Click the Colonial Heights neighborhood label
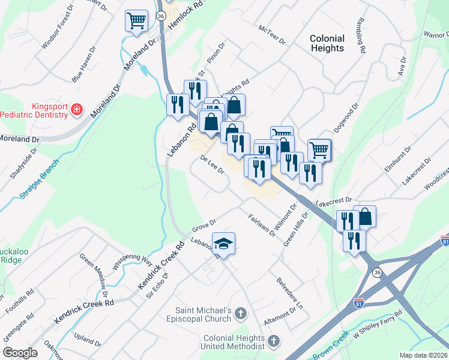327,43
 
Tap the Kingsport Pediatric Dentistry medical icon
77,109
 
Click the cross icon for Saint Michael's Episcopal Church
240,313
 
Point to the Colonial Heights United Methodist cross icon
273,342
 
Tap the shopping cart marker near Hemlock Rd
136,21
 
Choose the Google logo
20,353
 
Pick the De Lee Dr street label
212,165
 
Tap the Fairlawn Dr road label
261,223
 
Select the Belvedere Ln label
290,293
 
